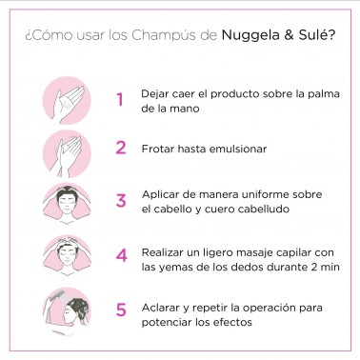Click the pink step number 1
click(120, 100)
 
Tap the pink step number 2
click(120, 148)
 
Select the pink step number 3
click(120, 200)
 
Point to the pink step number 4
click(120, 255)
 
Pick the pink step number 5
click(120, 310)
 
